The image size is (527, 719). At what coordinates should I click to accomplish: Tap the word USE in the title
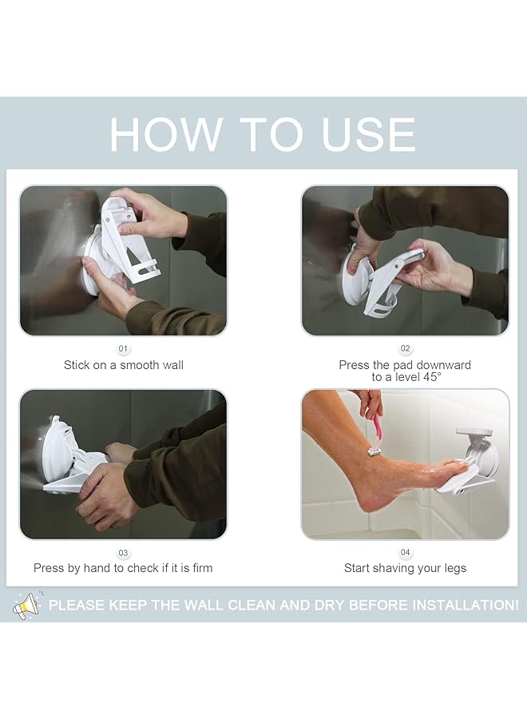point(369,134)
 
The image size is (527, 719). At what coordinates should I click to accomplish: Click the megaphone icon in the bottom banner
point(27,605)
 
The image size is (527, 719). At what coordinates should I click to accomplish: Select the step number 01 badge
point(123,349)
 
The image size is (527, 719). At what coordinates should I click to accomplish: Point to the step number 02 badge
point(405,349)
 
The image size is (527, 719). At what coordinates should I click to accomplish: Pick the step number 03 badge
point(123,553)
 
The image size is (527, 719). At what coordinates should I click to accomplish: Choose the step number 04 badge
point(405,553)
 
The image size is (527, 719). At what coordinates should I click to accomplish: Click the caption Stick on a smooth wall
point(124,365)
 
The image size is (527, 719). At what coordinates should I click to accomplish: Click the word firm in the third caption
point(200,568)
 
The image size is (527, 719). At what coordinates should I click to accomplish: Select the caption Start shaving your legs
point(405,568)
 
